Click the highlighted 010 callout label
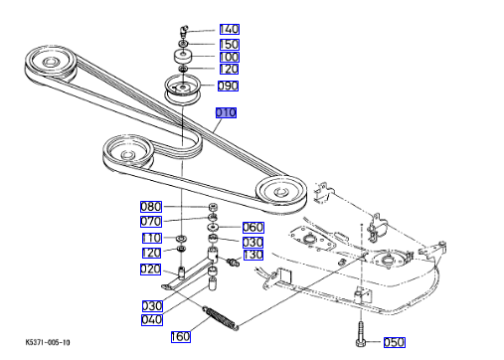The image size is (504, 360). (x=226, y=112)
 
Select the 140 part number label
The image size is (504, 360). (x=230, y=29)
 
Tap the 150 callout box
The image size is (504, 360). (x=230, y=44)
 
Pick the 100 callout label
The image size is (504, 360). (x=230, y=57)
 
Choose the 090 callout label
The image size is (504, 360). (x=228, y=86)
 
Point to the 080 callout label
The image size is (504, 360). (x=151, y=207)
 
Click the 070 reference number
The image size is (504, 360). (x=151, y=222)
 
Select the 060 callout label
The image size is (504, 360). (x=253, y=228)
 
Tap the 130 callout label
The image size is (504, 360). (x=253, y=255)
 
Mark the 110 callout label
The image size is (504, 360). (x=152, y=238)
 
